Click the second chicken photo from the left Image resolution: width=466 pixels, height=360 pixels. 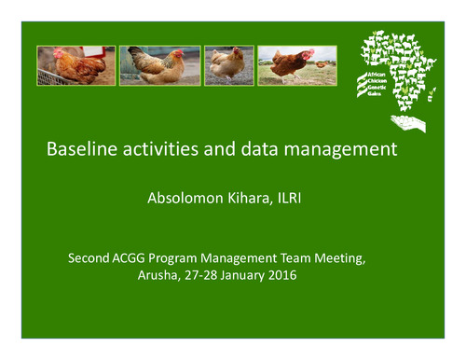[158, 65]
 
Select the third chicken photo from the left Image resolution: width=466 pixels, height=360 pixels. [228, 65]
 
